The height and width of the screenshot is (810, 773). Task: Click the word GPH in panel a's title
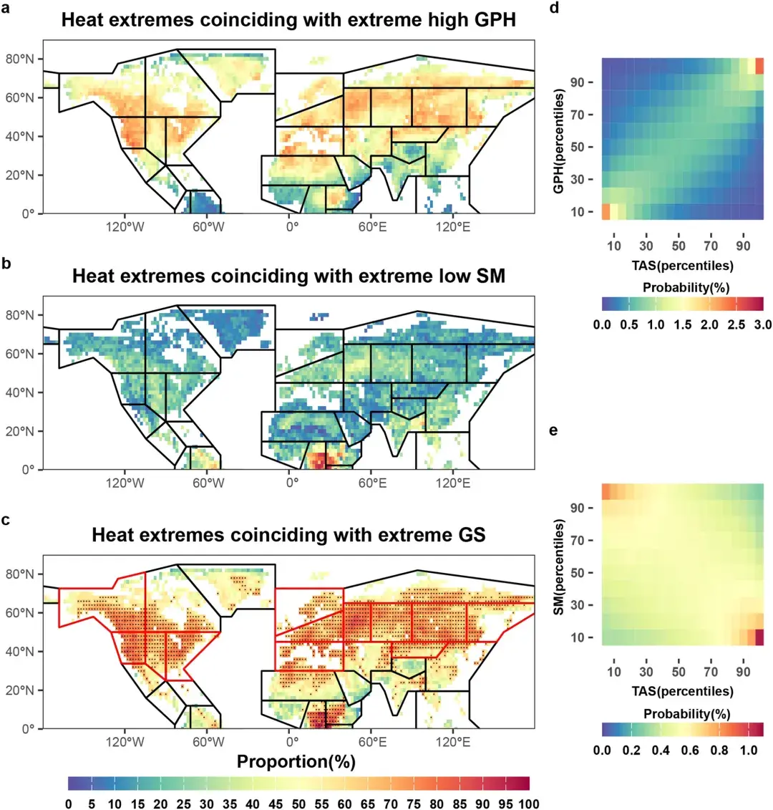(x=490, y=19)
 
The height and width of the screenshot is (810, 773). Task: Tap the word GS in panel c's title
(x=470, y=535)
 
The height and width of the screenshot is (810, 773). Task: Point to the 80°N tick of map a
(x=19, y=59)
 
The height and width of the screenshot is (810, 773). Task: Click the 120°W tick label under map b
(x=125, y=483)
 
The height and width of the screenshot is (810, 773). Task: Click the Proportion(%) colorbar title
(x=296, y=762)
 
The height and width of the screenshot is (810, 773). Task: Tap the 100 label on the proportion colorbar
(x=528, y=804)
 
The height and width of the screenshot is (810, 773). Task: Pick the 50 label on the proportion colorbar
(x=298, y=804)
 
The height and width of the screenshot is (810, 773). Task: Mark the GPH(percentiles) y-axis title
(x=559, y=140)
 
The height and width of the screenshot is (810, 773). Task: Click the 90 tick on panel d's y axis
(x=576, y=82)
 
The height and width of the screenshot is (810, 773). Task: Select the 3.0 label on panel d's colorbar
(x=763, y=324)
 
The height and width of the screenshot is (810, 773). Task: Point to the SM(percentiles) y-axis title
(x=559, y=566)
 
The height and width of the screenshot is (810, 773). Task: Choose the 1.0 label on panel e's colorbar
(x=748, y=750)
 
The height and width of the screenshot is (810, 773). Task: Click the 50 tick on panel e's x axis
(x=679, y=672)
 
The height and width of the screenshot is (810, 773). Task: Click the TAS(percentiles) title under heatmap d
(x=682, y=266)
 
